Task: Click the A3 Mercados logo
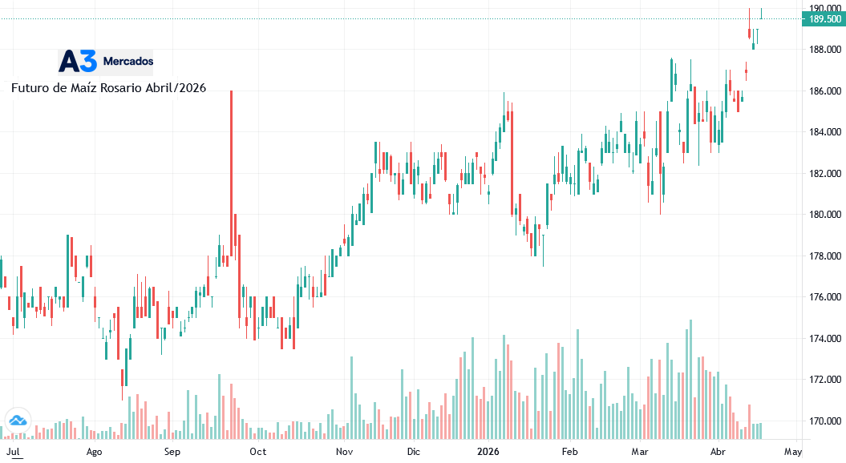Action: pyautogui.click(x=106, y=61)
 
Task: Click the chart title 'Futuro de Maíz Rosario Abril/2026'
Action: pyautogui.click(x=108, y=88)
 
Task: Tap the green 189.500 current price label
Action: pyautogui.click(x=823, y=19)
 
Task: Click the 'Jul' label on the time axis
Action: pyautogui.click(x=13, y=452)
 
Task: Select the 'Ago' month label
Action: pyautogui.click(x=94, y=452)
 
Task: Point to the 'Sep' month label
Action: pyautogui.click(x=172, y=452)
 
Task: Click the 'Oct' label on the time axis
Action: pyautogui.click(x=257, y=452)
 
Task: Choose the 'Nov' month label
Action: pyautogui.click(x=344, y=452)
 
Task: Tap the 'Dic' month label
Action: pyautogui.click(x=413, y=452)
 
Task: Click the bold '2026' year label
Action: pyautogui.click(x=488, y=452)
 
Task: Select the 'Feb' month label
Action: pyautogui.click(x=569, y=452)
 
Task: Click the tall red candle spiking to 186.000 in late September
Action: pyautogui.click(x=231, y=160)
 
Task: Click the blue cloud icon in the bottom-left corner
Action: pyautogui.click(x=17, y=420)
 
